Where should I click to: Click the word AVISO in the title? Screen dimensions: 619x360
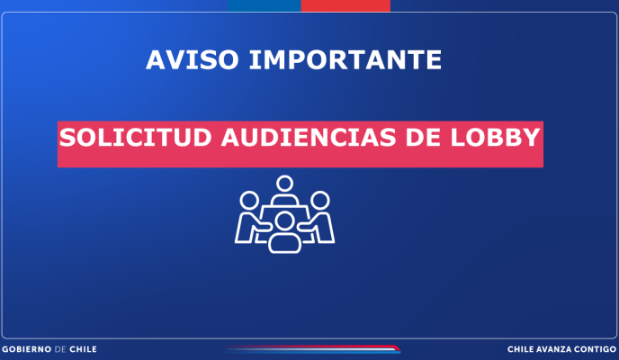coord(193,60)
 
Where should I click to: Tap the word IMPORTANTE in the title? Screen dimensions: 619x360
coord(345,60)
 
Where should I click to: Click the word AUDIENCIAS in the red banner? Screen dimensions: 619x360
coord(309,138)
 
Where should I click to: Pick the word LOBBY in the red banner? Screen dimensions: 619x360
coord(495,138)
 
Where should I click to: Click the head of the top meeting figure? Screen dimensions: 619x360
coord(284,184)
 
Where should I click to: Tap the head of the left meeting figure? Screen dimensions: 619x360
coord(249,201)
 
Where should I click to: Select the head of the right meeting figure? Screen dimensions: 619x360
coord(319,201)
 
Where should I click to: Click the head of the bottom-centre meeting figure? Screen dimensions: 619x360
coord(284,221)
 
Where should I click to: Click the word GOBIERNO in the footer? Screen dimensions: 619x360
coord(27,349)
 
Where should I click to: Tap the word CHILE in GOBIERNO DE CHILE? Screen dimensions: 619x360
coord(83,349)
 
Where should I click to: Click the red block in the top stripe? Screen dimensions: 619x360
coord(345,5)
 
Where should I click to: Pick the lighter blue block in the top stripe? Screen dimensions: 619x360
coord(265,5)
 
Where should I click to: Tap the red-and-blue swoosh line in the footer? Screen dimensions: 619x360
coord(313,349)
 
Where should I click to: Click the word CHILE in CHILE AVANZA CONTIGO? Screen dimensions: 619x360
coord(519,349)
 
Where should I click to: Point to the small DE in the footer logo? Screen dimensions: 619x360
coord(60,349)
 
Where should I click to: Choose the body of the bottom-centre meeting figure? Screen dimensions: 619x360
coord(284,243)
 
